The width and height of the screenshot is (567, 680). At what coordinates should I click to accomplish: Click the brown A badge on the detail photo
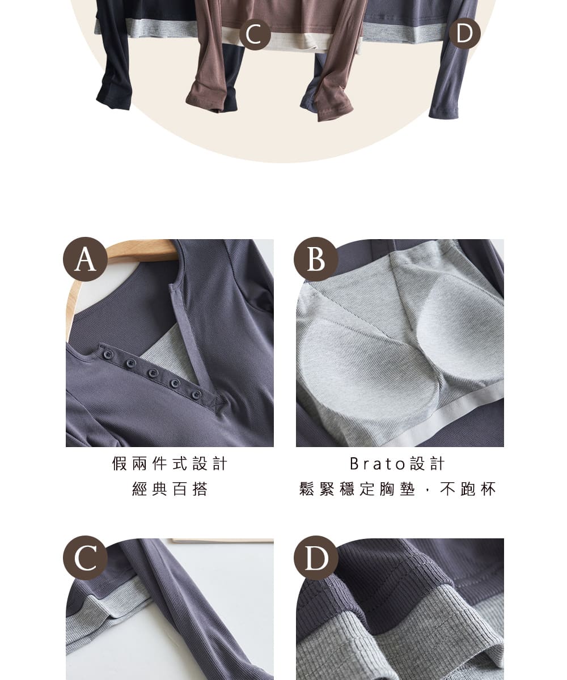pyautogui.click(x=85, y=259)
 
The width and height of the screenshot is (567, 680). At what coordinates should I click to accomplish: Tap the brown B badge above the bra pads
pyautogui.click(x=316, y=259)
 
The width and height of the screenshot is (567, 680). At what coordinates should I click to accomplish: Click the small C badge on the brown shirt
pyautogui.click(x=255, y=34)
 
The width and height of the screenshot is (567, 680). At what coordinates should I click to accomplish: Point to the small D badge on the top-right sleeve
pyautogui.click(x=464, y=33)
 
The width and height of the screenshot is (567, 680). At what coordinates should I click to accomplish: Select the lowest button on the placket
pyautogui.click(x=196, y=395)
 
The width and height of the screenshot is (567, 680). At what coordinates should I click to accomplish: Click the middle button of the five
pyautogui.click(x=153, y=373)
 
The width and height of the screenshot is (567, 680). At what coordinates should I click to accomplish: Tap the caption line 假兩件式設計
pyautogui.click(x=170, y=464)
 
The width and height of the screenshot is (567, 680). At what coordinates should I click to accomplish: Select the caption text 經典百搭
pyautogui.click(x=170, y=489)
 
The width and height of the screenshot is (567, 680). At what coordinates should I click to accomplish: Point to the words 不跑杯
pyautogui.click(x=468, y=489)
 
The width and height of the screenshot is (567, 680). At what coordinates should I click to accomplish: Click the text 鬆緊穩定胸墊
pyautogui.click(x=357, y=489)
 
